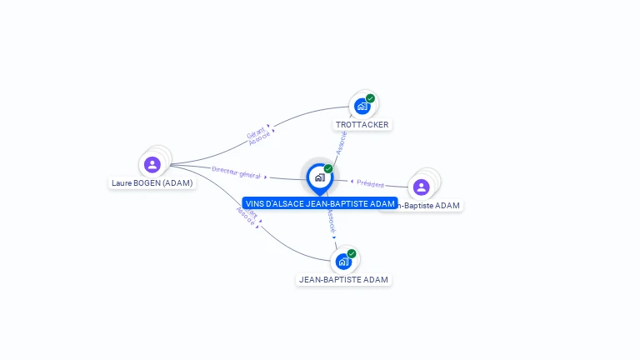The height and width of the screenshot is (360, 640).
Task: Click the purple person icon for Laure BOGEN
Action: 152,164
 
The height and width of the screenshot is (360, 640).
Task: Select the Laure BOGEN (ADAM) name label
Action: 152,182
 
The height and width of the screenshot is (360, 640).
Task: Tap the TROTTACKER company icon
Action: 362,107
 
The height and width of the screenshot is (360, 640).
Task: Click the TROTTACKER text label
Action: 362,125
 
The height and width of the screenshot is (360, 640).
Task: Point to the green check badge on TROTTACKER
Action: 370,98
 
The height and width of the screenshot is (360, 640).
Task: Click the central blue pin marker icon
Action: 319,177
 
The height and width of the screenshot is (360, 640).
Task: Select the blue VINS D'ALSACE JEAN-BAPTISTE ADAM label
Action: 320,203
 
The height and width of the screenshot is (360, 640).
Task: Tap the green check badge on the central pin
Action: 328,169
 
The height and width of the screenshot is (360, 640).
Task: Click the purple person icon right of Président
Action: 421,187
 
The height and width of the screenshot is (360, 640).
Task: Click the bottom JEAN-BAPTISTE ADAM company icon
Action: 342,262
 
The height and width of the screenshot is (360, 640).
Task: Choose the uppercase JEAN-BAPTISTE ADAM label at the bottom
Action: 343,280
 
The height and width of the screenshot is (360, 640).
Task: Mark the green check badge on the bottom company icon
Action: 352,253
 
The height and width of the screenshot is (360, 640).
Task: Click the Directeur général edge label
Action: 236,172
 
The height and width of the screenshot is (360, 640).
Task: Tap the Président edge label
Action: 371,183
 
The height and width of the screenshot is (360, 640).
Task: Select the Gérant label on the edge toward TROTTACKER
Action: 255,132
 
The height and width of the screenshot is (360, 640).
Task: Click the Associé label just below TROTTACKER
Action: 340,142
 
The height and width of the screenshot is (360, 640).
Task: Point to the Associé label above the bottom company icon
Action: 332,219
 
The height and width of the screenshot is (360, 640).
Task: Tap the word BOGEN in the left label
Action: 147,182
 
